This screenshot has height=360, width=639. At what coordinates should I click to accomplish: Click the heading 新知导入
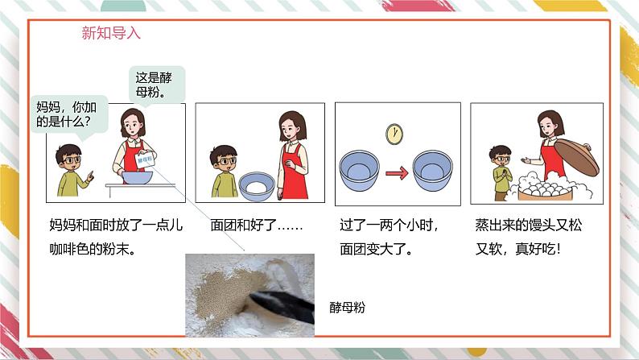(111, 33)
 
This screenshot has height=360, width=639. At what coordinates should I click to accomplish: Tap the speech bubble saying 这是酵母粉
(157, 84)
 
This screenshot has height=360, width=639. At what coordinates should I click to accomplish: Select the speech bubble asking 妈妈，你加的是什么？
(69, 114)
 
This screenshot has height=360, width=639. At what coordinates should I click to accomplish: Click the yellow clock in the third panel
(394, 134)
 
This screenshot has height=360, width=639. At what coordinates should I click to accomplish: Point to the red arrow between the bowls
(397, 173)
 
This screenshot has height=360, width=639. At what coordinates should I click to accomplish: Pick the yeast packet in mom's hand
(145, 159)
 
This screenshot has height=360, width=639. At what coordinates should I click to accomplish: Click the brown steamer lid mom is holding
(576, 157)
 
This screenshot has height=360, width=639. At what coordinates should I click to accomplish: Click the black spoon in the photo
(282, 307)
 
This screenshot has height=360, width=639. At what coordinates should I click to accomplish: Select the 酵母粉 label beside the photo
(347, 307)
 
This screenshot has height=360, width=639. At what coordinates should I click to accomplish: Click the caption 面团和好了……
(257, 225)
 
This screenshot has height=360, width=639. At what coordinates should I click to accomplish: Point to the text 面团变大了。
(376, 249)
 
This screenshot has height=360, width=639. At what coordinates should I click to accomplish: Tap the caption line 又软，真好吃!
(518, 249)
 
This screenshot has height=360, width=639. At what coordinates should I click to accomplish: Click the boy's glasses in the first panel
(71, 159)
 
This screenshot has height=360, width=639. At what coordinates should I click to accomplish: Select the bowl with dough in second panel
(257, 186)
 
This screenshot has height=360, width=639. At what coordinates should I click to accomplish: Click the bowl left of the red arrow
(359, 170)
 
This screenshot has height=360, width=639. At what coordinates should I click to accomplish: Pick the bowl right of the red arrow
(432, 170)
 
